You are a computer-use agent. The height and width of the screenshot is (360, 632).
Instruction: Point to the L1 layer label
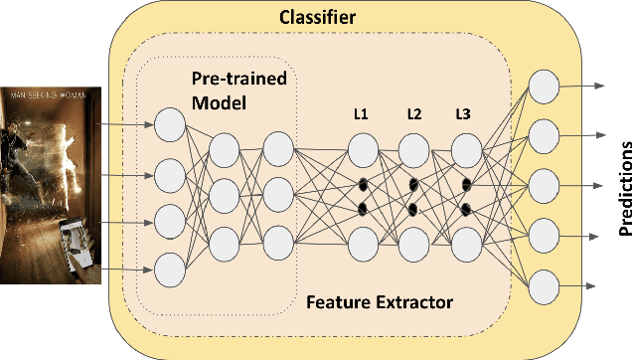click(360, 114)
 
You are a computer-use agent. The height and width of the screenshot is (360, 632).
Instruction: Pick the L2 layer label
click(413, 114)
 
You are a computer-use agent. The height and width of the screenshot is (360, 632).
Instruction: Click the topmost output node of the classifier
click(544, 87)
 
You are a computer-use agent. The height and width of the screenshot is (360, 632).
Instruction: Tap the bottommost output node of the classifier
click(544, 285)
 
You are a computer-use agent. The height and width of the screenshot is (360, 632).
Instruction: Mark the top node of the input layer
click(170, 124)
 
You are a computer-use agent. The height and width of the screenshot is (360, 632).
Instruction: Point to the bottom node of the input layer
click(170, 269)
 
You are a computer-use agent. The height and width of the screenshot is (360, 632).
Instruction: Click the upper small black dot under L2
click(413, 183)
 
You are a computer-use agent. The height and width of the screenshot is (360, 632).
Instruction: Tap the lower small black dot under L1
click(362, 209)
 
